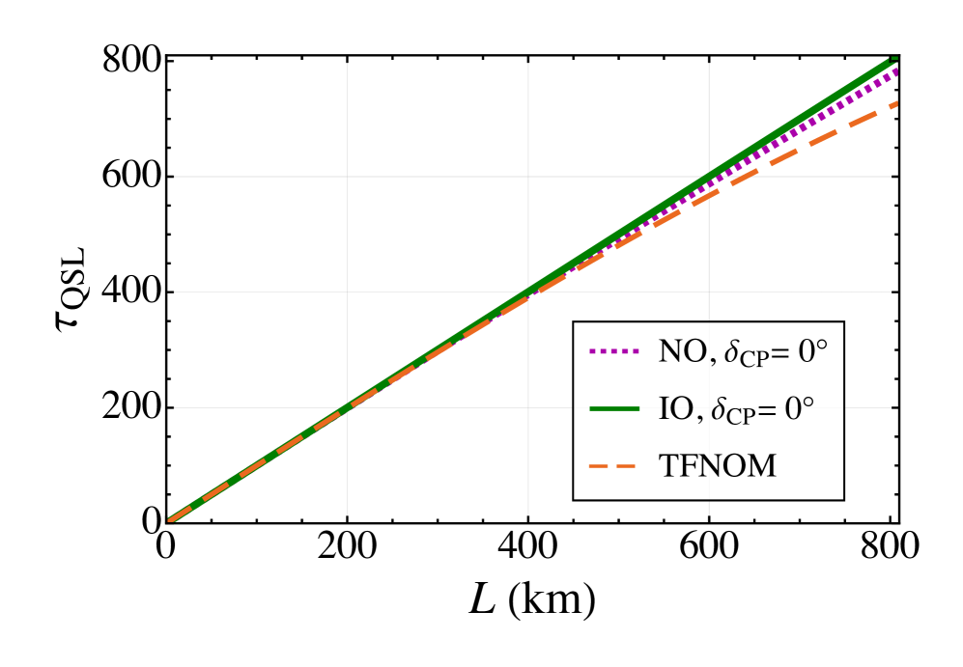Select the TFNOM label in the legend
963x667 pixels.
[x=717, y=467]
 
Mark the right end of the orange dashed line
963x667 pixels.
[x=897, y=103]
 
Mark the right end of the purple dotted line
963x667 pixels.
[x=897, y=70]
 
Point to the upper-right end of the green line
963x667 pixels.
[x=894, y=59]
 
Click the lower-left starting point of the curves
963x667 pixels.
[x=171, y=521]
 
